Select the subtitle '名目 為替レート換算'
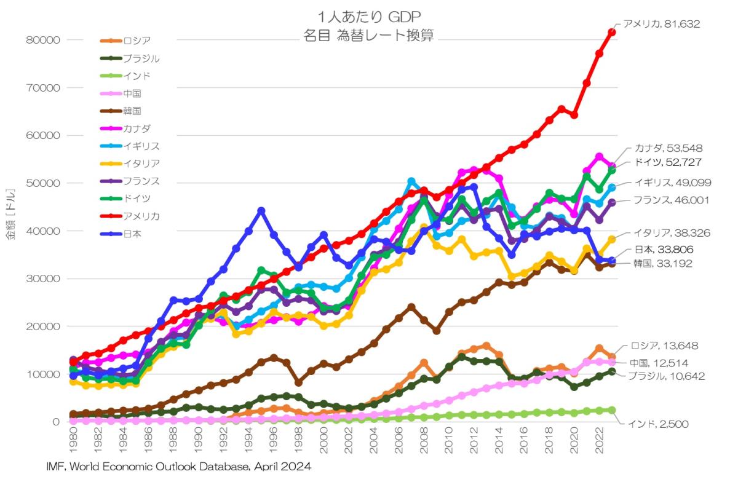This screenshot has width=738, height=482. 369,35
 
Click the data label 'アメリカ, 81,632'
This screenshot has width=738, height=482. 661,24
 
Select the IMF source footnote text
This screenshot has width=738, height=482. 178,467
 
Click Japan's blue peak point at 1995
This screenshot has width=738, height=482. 261,211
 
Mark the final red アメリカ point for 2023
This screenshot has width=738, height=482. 612,32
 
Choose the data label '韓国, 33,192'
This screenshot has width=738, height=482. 658,264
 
